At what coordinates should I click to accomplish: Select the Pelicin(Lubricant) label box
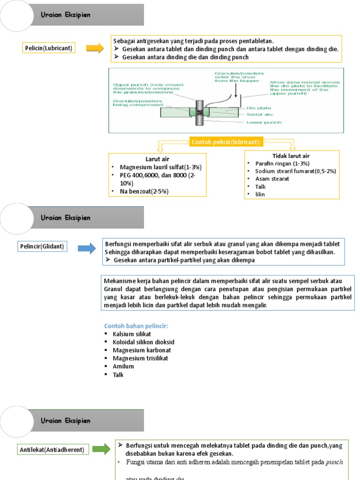(x=49, y=48)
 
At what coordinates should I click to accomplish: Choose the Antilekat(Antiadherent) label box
(x=52, y=450)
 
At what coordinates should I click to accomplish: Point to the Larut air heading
(x=147, y=159)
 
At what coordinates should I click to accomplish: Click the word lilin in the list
(x=260, y=194)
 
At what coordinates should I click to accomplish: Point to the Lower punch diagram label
(x=264, y=122)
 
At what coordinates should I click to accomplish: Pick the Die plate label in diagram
(x=257, y=107)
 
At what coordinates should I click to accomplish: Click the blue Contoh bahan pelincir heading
(x=135, y=326)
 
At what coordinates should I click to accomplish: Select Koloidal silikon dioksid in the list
(x=143, y=342)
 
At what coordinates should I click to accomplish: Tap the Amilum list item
(x=123, y=366)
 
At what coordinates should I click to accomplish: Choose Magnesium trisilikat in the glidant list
(x=140, y=358)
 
